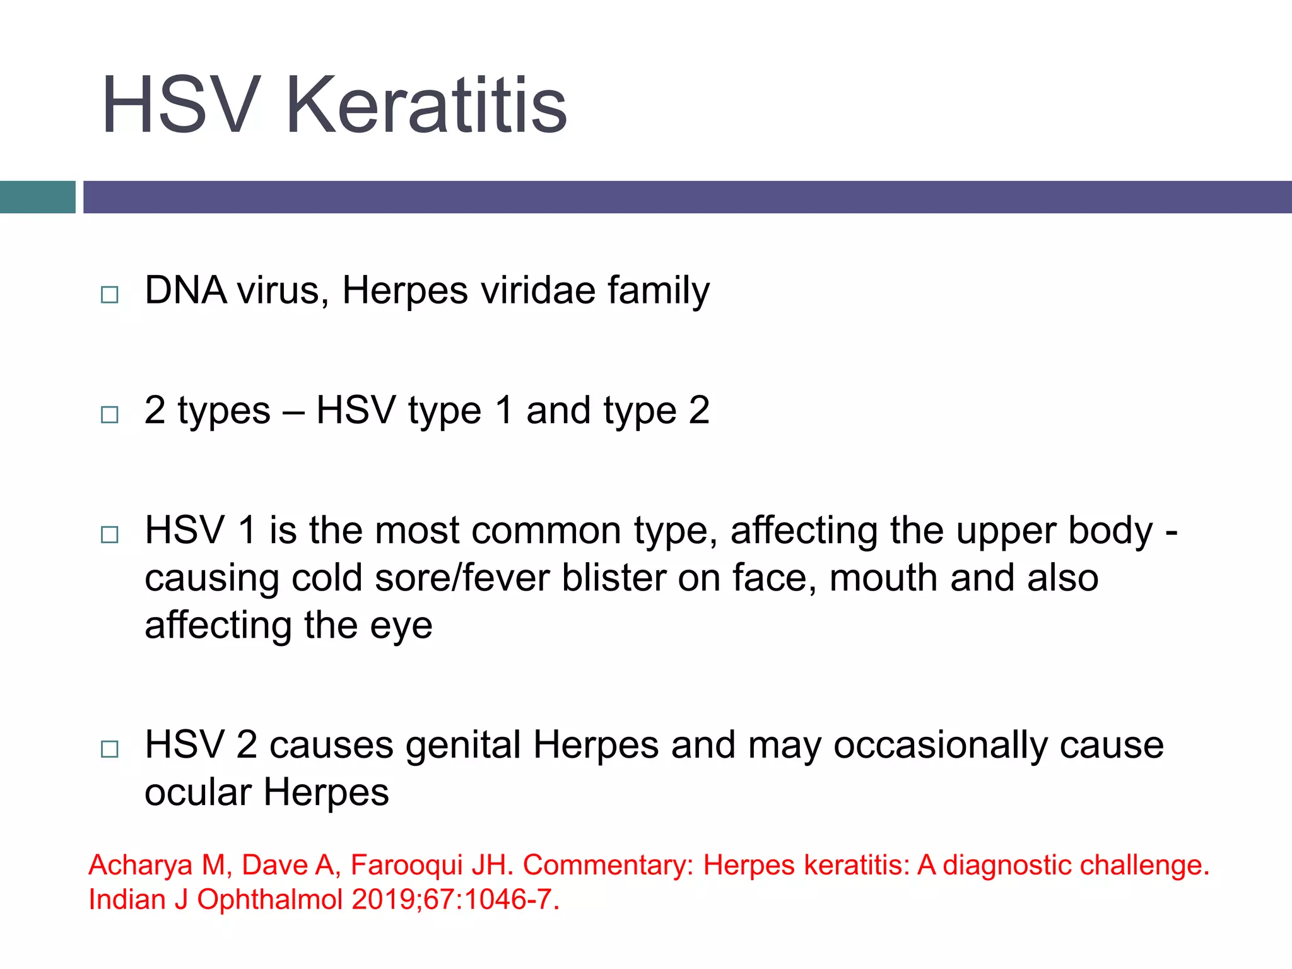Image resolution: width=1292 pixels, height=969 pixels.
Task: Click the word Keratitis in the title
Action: tap(426, 105)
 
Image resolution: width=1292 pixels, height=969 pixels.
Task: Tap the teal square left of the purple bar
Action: tap(37, 197)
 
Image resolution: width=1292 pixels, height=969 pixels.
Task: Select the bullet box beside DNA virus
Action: tap(110, 295)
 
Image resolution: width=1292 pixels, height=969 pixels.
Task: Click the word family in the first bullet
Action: tap(659, 291)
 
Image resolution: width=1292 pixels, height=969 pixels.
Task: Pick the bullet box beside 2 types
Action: tap(110, 414)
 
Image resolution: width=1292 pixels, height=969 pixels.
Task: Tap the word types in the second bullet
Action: tap(224, 411)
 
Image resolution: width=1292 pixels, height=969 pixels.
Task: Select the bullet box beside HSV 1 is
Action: tap(110, 534)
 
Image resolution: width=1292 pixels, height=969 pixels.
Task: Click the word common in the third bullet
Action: tap(546, 531)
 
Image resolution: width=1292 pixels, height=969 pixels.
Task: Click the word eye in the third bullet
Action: tap(401, 626)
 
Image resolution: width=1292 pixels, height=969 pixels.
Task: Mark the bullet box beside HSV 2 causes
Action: tap(110, 749)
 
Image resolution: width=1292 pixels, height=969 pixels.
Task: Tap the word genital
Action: tap(463, 746)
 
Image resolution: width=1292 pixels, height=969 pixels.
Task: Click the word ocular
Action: tap(198, 792)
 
